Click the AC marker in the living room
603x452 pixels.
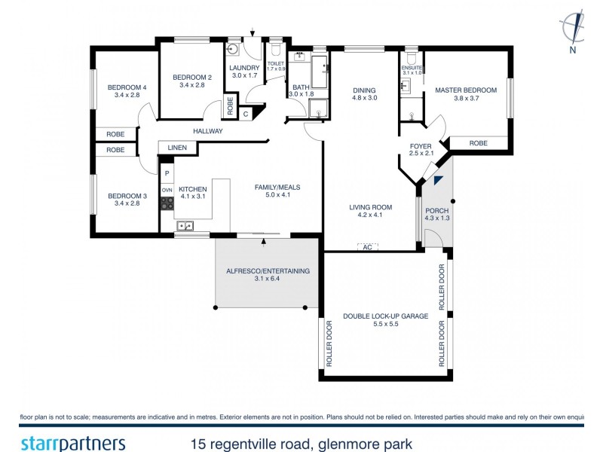click(367, 247)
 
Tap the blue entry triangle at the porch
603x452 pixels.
click(439, 182)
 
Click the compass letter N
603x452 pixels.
click(573, 50)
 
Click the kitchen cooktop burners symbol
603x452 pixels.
click(167, 203)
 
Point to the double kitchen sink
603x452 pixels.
click(185, 225)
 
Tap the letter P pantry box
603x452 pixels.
click(167, 174)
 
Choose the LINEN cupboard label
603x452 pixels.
click(177, 148)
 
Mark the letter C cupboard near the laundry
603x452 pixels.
click(246, 114)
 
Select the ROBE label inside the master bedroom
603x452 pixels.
click(477, 142)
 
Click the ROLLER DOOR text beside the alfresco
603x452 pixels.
click(329, 344)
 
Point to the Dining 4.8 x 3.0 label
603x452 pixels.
click(364, 94)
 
